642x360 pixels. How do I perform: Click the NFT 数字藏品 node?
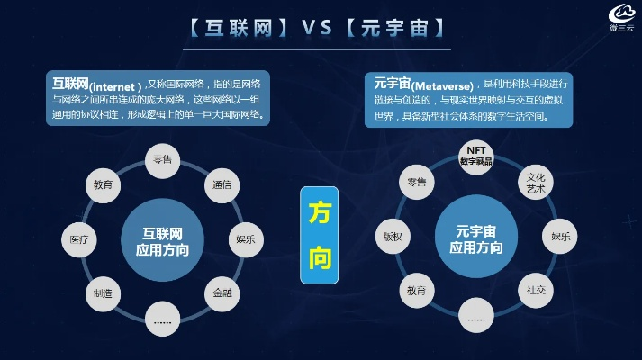(x=476, y=155)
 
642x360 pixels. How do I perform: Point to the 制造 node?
(x=102, y=292)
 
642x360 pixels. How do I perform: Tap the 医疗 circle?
(x=78, y=239)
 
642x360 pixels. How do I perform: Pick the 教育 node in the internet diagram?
(x=103, y=184)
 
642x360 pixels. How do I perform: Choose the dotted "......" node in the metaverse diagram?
(x=476, y=315)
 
